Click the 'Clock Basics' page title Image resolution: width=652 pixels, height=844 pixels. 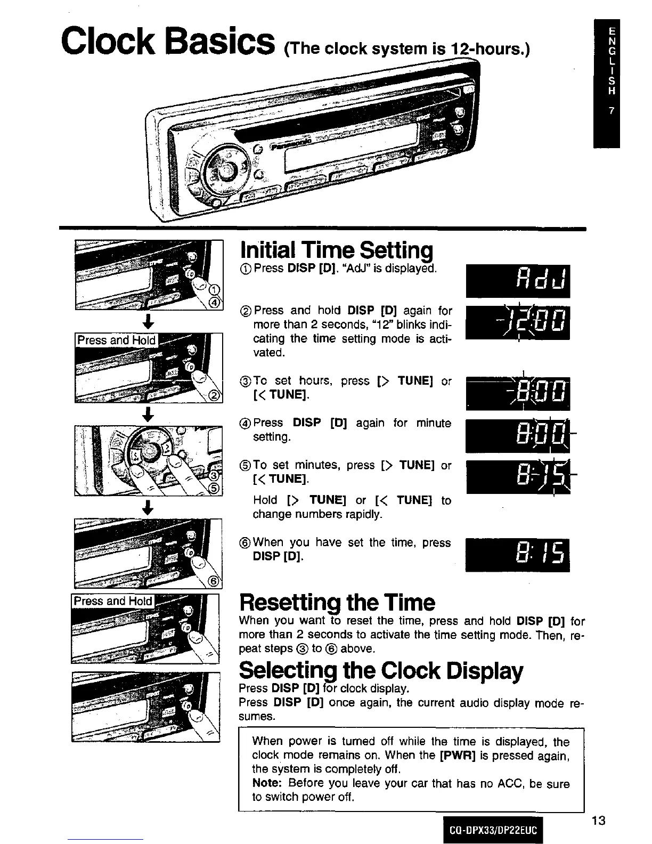click(168, 42)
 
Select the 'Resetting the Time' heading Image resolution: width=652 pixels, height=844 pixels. click(337, 603)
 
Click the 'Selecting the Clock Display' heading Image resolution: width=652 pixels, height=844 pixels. click(381, 670)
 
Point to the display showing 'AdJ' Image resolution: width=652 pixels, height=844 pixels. click(518, 281)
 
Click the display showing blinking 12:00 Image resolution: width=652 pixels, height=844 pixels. click(518, 323)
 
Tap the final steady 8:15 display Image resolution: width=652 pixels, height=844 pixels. click(518, 555)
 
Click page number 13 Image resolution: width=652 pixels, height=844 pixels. click(598, 821)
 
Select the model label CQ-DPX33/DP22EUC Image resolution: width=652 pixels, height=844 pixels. click(492, 830)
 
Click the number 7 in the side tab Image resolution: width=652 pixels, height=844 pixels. click(612, 111)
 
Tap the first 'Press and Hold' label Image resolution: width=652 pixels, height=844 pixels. click(116, 340)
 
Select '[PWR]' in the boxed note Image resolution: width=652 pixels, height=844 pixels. click(454, 756)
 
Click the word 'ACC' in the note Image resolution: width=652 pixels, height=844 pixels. click(510, 784)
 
